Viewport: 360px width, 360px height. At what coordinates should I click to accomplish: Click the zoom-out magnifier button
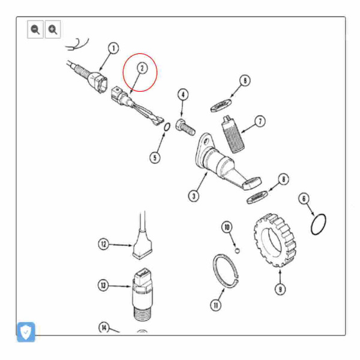[x=35, y=29]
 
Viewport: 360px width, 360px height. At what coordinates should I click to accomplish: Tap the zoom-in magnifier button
[x=52, y=29]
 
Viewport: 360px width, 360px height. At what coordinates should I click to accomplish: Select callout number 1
[x=113, y=48]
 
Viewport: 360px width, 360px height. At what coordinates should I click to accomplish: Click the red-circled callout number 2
[x=142, y=68]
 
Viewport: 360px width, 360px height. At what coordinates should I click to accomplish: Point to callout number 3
[x=193, y=196]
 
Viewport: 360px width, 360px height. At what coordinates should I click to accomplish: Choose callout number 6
[x=304, y=199]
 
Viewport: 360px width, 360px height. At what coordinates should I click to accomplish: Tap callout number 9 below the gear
[x=280, y=289]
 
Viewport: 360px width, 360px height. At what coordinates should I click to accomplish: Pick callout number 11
[x=215, y=305]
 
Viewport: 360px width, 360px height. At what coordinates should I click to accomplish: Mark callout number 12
[x=105, y=244]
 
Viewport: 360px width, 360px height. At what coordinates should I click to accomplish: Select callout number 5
[x=155, y=158]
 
